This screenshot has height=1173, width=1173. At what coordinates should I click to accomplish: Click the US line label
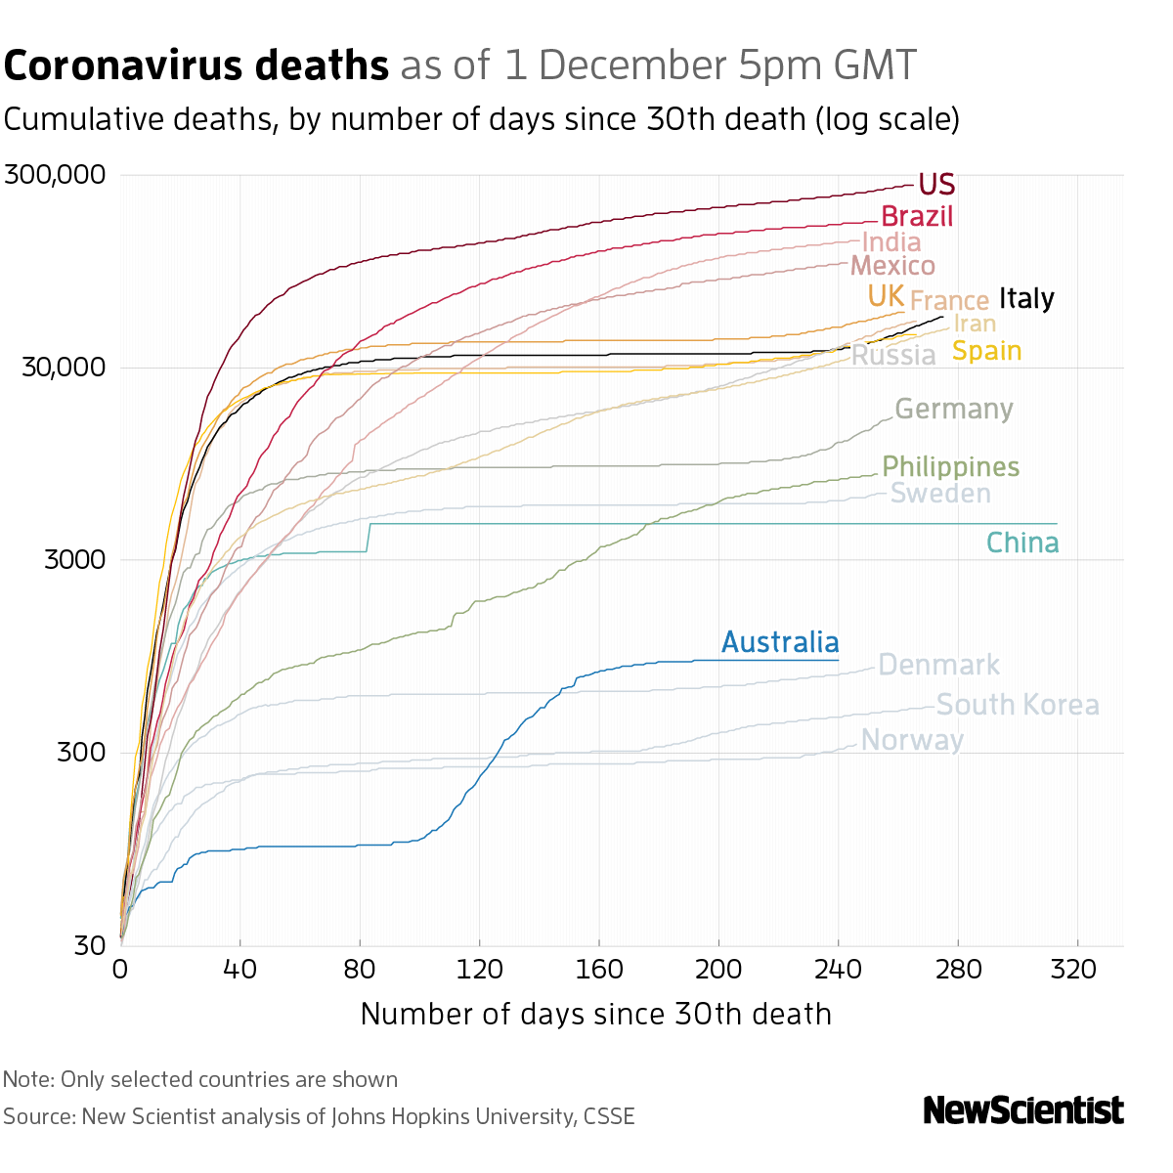point(936,185)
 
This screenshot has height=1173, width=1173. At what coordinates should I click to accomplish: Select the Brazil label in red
point(917,216)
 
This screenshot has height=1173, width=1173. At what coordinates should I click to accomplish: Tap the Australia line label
point(780,642)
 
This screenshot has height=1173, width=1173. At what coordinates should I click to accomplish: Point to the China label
point(1021,543)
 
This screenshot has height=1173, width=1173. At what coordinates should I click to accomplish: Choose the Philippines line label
point(950,467)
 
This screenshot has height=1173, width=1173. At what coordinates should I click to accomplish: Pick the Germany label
point(953,409)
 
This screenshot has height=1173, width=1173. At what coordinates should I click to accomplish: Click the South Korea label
point(1018,705)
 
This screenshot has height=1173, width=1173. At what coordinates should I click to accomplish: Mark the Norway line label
point(912,740)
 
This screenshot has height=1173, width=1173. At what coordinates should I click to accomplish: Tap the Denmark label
point(938,666)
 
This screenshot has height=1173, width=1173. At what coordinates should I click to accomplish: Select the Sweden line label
point(940,494)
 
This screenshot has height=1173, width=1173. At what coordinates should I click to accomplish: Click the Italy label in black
point(1026,298)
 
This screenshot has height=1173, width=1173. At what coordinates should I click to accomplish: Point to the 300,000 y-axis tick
point(55,176)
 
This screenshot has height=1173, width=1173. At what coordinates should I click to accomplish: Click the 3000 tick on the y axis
point(76,560)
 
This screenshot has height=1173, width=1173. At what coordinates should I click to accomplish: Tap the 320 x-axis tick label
point(1077,969)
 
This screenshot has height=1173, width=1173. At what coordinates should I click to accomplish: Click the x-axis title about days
point(595,1014)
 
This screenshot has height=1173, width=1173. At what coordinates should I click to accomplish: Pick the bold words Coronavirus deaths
point(196,66)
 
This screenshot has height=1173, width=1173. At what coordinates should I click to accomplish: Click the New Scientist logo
point(1023,1110)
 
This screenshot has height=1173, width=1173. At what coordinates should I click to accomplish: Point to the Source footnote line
point(319,1116)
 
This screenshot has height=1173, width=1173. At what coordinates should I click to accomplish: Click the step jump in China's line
point(369,538)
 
